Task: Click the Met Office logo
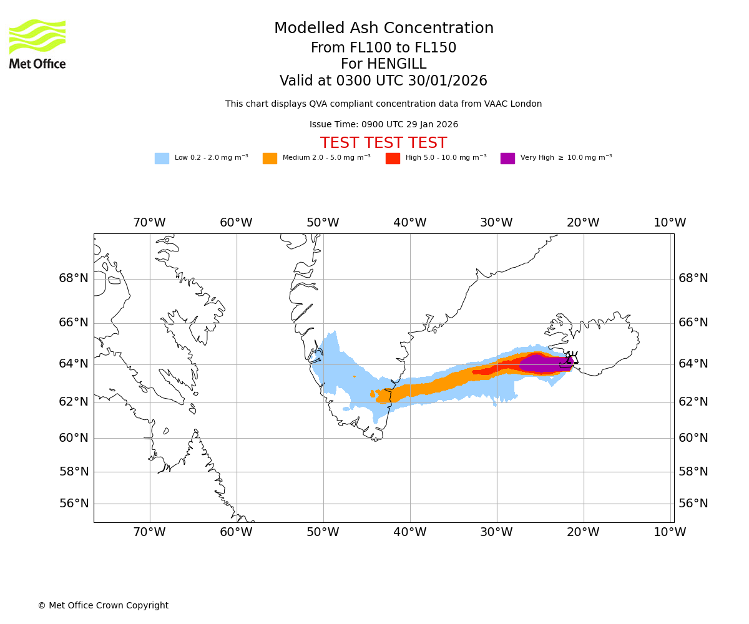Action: click(x=37, y=44)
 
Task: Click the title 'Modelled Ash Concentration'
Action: click(x=384, y=29)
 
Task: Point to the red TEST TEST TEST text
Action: click(x=383, y=143)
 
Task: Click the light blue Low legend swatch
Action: click(x=162, y=158)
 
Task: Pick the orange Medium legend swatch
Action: click(x=270, y=158)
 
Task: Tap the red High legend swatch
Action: click(x=393, y=158)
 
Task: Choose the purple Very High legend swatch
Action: click(x=507, y=158)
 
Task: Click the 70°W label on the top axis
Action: click(x=149, y=223)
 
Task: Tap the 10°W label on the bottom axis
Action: click(x=670, y=532)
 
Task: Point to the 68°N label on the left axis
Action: click(x=74, y=278)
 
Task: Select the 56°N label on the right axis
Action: click(x=693, y=504)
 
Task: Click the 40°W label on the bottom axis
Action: click(x=409, y=532)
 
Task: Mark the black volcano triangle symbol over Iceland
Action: click(x=572, y=359)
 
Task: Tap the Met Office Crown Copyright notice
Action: click(x=103, y=605)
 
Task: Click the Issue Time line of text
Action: click(x=383, y=125)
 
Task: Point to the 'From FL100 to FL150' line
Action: click(x=383, y=48)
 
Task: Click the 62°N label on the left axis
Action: click(x=74, y=401)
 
